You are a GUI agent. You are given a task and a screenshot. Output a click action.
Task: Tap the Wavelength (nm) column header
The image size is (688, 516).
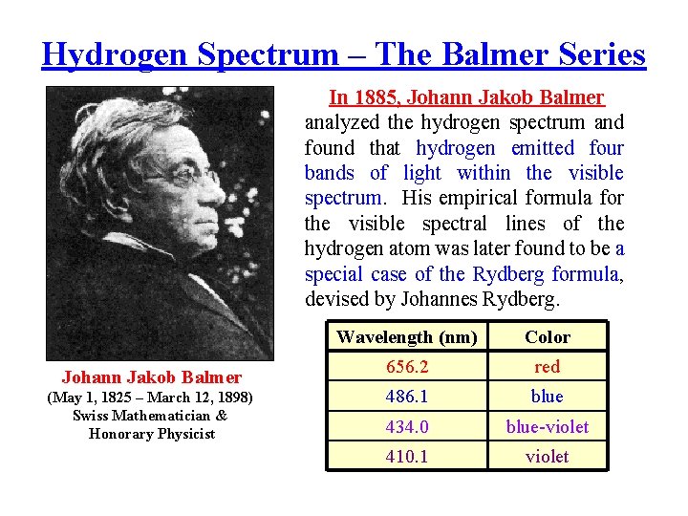click(x=407, y=336)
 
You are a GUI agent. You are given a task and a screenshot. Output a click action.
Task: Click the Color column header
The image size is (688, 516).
click(x=548, y=336)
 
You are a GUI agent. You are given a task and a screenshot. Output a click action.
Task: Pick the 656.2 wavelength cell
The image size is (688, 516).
click(x=407, y=367)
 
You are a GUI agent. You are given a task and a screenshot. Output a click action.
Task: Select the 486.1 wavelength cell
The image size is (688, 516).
click(x=407, y=397)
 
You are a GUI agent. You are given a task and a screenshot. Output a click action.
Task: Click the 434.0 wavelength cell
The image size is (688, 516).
click(x=407, y=427)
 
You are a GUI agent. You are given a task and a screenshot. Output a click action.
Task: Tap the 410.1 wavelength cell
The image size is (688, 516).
click(x=407, y=457)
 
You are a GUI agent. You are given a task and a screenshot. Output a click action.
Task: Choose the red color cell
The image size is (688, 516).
click(x=548, y=367)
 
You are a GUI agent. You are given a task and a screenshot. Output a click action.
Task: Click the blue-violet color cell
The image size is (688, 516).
click(x=548, y=427)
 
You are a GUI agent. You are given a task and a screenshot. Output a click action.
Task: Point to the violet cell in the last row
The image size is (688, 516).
click(x=548, y=457)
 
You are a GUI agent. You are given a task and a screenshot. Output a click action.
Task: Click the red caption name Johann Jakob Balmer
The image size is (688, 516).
click(x=152, y=377)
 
